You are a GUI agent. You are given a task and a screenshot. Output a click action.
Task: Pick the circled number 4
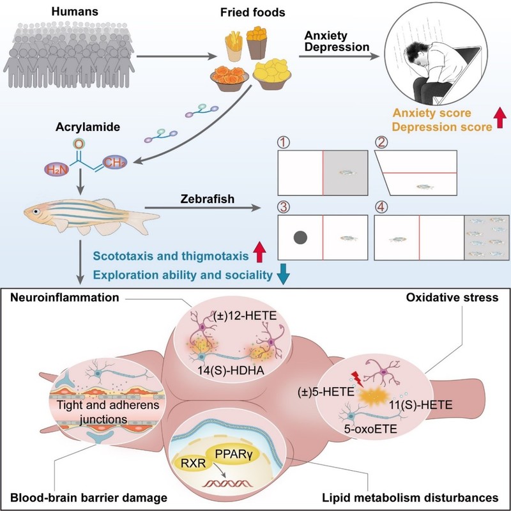[382, 208]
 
